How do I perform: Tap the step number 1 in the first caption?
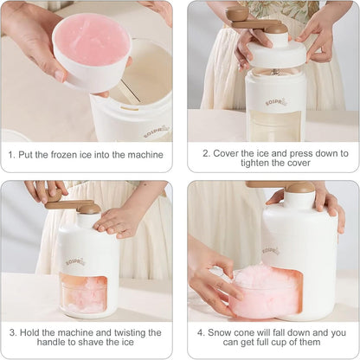click(11, 155)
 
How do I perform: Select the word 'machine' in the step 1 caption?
click(143, 155)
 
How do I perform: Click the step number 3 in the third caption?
click(12, 331)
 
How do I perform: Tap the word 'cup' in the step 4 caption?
click(289, 344)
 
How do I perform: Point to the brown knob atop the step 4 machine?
click(300, 187)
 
